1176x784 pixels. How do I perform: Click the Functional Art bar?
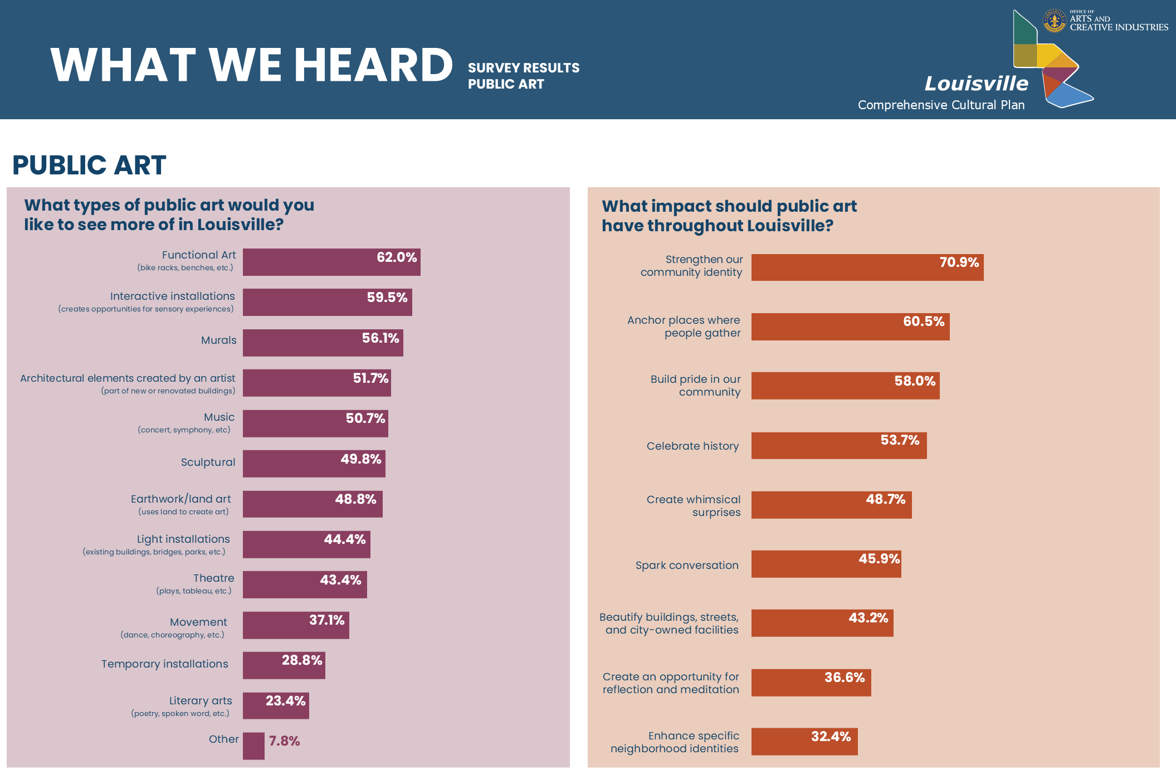point(331,262)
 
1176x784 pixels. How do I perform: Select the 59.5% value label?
point(387,298)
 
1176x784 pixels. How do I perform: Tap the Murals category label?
point(218,340)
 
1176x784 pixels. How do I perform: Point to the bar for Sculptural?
point(314,464)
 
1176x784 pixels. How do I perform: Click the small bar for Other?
point(253,746)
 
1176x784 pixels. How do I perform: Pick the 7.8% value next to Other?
point(284,741)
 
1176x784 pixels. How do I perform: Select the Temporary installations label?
point(164,664)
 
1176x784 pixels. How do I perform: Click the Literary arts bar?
point(276,706)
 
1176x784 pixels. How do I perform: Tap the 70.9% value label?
point(959,262)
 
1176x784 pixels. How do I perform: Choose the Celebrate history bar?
point(838,446)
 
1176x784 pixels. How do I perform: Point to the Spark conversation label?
point(687,566)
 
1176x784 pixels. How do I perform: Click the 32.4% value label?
point(831,737)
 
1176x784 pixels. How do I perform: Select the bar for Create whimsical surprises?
point(831,505)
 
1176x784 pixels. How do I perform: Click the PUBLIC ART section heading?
point(89,165)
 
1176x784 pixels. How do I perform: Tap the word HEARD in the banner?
point(373,65)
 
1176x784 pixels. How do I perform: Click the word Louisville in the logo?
point(976,84)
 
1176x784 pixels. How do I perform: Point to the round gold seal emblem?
point(1054,21)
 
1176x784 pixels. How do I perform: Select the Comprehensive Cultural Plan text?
point(941,105)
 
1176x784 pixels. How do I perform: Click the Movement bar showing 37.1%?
point(296,625)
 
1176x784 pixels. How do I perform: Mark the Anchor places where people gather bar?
point(850,327)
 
